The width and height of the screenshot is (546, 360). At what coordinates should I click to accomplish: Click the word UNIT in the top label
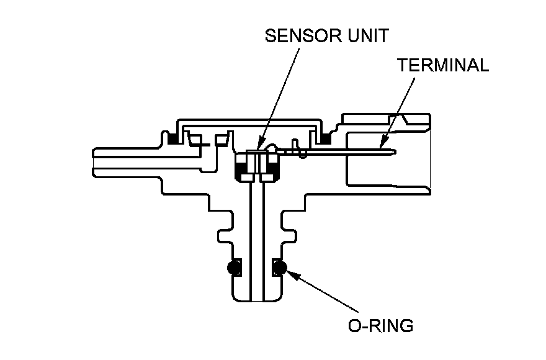tap(366, 36)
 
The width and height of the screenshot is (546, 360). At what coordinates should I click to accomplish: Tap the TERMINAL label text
tap(444, 66)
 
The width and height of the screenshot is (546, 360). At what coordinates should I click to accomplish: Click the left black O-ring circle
tap(234, 268)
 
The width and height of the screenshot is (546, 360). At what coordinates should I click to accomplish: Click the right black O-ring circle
tap(279, 268)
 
